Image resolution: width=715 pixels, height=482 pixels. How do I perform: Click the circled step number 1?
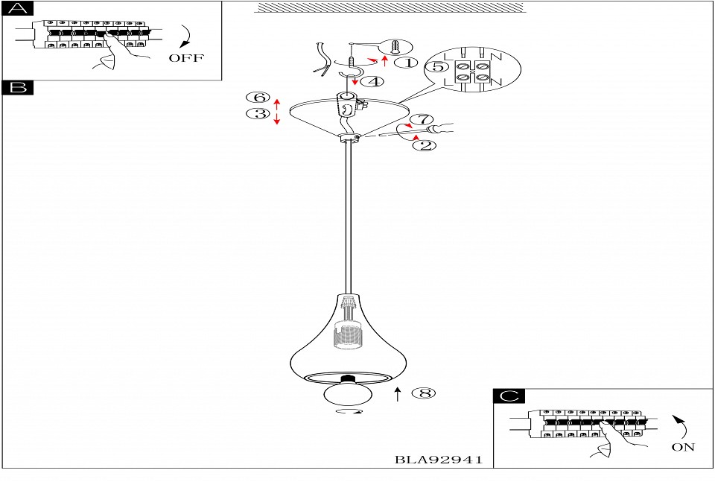(407, 63)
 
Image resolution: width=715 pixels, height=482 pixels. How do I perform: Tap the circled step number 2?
(425, 145)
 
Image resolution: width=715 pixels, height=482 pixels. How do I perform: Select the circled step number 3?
(258, 114)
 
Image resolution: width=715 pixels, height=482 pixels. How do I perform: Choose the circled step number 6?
(258, 98)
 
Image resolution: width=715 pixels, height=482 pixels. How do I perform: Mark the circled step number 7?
(422, 119)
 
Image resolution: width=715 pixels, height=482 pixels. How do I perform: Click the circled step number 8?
(424, 393)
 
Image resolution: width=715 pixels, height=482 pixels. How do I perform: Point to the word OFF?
(185, 59)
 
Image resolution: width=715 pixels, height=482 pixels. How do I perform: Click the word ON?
(682, 447)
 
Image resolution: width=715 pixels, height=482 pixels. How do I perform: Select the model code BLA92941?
(438, 460)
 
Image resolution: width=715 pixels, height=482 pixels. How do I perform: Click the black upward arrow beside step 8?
(398, 393)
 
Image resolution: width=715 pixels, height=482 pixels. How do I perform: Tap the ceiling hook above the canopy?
(348, 76)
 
